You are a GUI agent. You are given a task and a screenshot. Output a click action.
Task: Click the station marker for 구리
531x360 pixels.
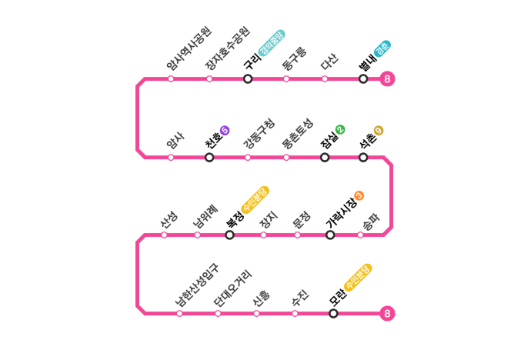pos(248,78)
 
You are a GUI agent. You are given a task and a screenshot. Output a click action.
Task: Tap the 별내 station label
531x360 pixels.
pos(368,62)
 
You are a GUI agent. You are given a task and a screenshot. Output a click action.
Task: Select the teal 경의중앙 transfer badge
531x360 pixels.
pos(272,43)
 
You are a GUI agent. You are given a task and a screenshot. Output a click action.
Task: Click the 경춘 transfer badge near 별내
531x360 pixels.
pos(382,48)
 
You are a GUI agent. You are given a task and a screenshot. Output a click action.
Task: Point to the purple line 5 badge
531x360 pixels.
pos(225,130)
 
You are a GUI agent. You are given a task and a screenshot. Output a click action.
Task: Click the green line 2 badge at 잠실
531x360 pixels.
pos(340,129)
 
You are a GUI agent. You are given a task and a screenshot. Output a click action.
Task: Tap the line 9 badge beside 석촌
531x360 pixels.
pos(379,130)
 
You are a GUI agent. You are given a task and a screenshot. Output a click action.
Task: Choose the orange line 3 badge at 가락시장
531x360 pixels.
pos(359,195)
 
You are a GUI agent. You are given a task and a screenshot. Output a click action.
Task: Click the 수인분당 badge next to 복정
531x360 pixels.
pos(255,200)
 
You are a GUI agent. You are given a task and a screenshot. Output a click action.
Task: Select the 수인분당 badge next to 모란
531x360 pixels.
pos(358,278)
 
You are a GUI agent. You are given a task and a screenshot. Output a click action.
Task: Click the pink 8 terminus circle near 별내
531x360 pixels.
pos(387,79)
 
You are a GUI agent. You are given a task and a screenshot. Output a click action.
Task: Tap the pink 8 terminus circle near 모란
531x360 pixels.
pos(387,313)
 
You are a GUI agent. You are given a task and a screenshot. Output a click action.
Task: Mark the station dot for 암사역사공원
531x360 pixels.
pos(171,78)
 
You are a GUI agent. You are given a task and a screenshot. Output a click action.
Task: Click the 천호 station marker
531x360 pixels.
pos(209,158)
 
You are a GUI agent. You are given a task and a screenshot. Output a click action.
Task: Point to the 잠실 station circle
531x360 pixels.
pos(325,158)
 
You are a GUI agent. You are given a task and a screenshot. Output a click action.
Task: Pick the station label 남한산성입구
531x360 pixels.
pos(197,285)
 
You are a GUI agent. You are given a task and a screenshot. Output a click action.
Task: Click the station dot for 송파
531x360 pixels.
pos(360,235)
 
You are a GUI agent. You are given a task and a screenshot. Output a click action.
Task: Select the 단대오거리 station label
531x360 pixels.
pos(233,288)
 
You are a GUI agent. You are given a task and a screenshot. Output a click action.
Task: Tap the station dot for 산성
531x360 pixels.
pos(164,235)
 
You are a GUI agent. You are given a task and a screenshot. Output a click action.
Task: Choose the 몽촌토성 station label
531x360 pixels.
pos(297,134)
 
